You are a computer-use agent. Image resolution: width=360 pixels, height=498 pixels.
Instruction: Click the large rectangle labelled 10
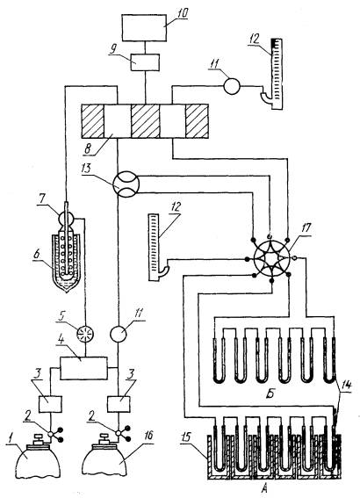pos(145,27)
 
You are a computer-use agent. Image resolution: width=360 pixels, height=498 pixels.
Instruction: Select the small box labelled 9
pos(145,62)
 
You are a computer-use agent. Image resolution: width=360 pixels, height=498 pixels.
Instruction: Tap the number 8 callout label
pos(88,149)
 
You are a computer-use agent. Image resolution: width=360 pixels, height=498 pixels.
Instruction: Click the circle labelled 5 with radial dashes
pos(86,332)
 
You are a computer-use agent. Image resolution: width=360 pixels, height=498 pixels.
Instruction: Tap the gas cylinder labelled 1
pos(38,458)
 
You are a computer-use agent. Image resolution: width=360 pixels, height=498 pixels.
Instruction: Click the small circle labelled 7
pos(66,219)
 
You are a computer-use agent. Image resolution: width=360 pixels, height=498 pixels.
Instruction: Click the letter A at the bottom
pos(264,489)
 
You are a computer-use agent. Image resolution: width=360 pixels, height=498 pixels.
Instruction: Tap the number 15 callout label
pos(187,437)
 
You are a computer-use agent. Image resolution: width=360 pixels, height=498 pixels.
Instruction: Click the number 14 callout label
pos(346,386)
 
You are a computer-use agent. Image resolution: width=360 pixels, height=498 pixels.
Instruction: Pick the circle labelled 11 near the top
pos(232,86)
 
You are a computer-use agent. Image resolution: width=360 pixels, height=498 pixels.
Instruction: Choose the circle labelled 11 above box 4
pos(118,334)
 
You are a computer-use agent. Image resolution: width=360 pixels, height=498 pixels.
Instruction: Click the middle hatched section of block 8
pos(146,121)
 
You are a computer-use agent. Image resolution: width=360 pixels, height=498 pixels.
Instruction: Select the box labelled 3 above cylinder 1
pos(50,404)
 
